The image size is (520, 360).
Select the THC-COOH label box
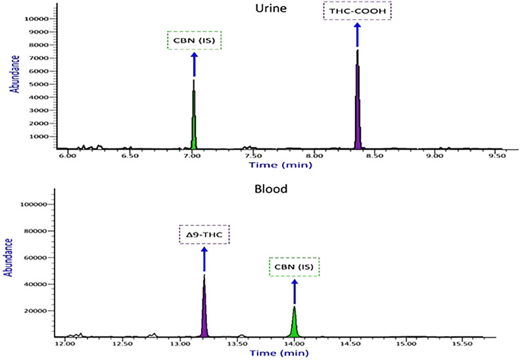click(357, 11)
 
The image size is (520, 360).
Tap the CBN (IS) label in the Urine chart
click(194, 41)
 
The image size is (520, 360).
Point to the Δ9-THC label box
click(204, 235)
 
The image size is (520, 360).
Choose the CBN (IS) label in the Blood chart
click(294, 267)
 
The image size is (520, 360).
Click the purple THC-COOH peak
click(358, 105)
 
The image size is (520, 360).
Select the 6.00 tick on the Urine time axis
click(67, 157)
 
